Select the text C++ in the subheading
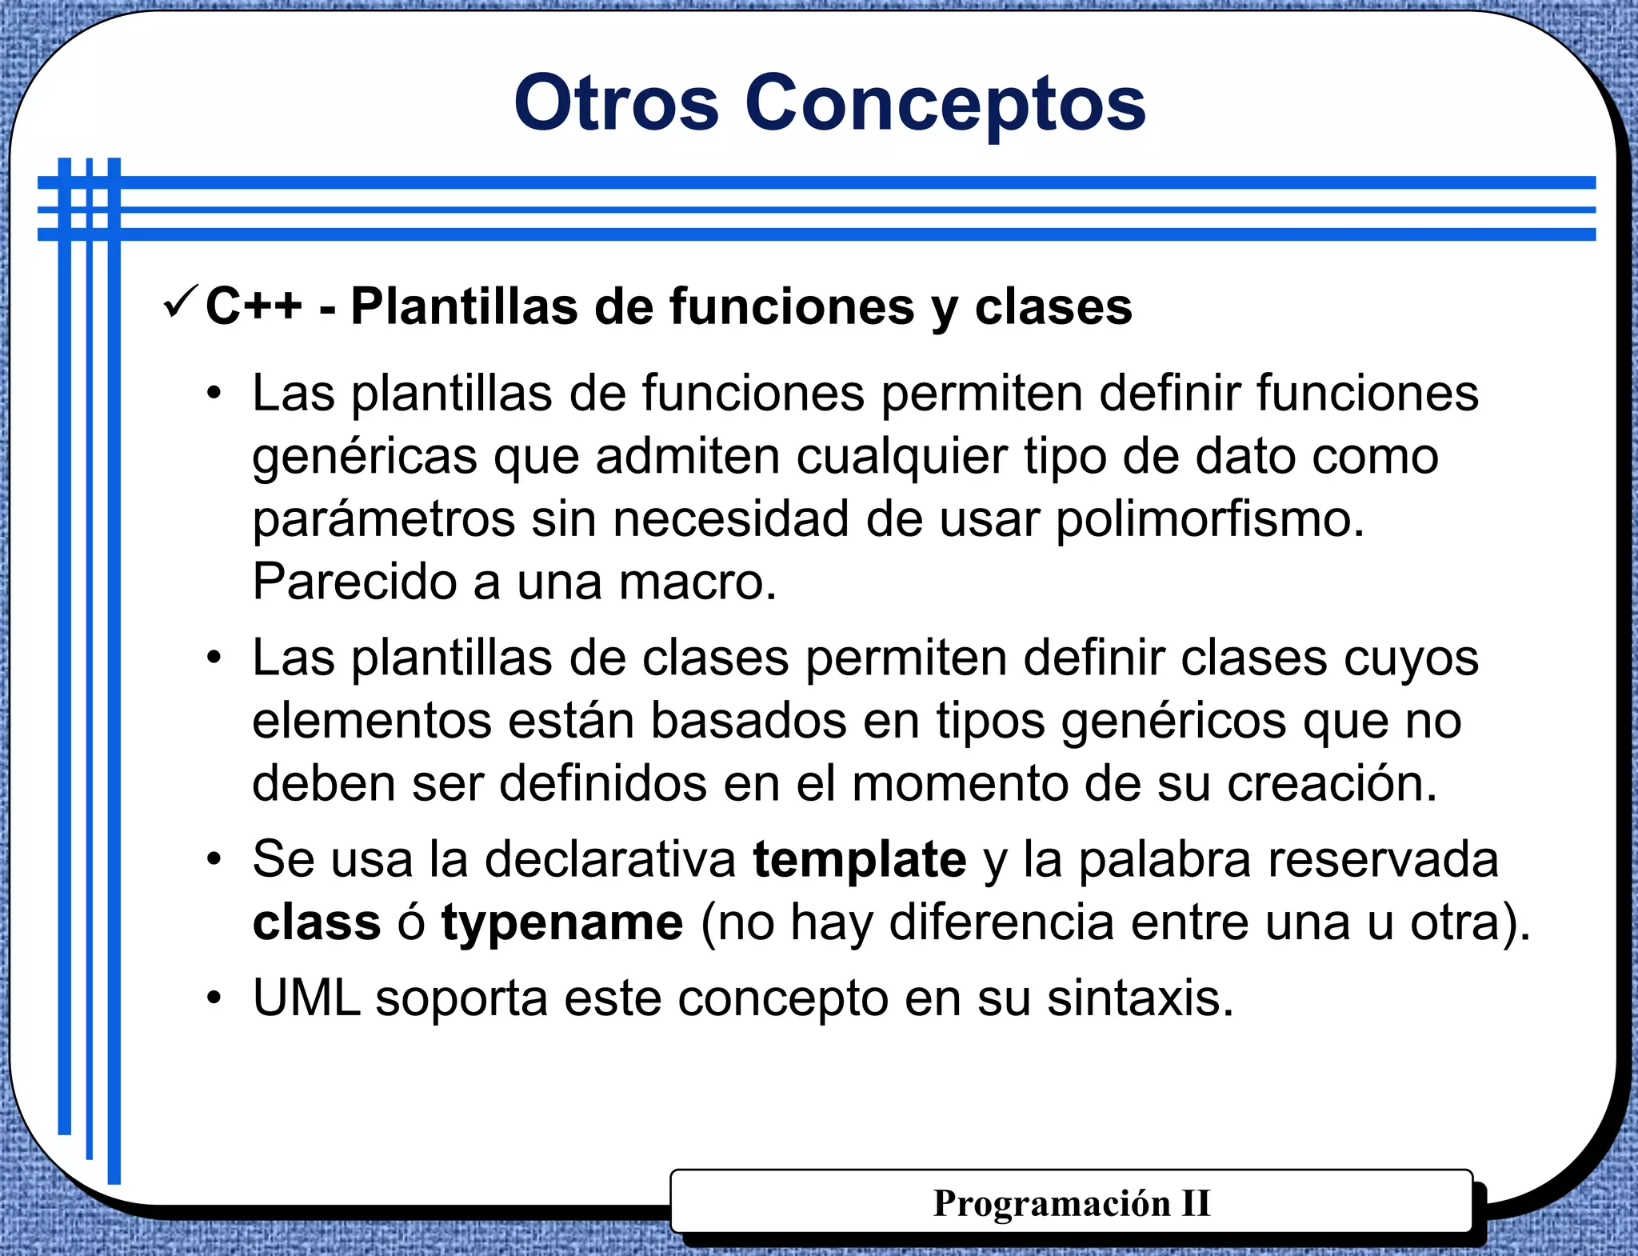[x=254, y=306]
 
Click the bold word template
[x=860, y=860]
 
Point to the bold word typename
[x=562, y=922]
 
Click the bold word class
[x=317, y=922]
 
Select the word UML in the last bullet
[x=306, y=998]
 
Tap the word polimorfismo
[x=1209, y=520]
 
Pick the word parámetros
[x=384, y=520]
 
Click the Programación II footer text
[x=1071, y=1203]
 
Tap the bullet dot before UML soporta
[x=213, y=998]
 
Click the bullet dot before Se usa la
[x=213, y=860]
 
